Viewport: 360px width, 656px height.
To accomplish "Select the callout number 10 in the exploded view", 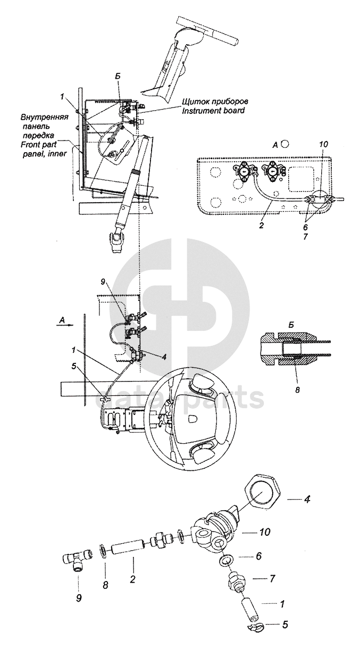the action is pos(264,532).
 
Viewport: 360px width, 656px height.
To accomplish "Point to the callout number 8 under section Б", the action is pos(297,389).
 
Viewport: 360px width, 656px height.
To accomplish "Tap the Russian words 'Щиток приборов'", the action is pos(215,102).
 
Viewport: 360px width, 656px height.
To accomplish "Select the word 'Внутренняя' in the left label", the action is pos(44,118).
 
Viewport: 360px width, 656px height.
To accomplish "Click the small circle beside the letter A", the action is pos(285,144).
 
